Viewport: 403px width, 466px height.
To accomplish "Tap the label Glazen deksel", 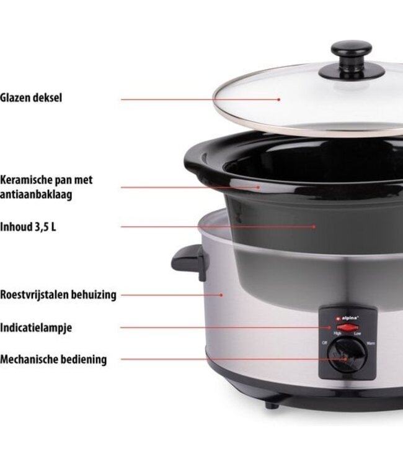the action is (31, 98).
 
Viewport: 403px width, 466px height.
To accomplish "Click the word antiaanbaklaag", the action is (36, 194).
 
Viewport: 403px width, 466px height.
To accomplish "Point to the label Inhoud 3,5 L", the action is (28, 227).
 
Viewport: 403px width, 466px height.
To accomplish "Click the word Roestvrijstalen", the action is (34, 295).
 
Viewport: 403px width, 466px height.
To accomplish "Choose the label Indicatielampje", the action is (36, 328).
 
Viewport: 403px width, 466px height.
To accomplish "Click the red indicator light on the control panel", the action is (348, 328).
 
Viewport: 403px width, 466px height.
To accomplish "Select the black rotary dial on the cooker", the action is (347, 355).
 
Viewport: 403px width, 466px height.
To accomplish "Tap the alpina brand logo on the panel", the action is (347, 318).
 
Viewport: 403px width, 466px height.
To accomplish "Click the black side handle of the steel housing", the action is (190, 262).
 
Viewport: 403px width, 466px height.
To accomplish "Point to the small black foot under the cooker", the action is (272, 404).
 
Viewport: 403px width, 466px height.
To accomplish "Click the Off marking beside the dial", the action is (324, 343).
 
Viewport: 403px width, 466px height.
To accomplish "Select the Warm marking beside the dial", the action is (371, 343).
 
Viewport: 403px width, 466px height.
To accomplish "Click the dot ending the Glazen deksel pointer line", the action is (279, 99).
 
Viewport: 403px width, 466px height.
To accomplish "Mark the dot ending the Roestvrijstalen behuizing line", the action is (221, 295).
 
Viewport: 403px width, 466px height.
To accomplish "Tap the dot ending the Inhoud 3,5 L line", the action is (314, 226).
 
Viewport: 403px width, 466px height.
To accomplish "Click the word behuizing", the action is (94, 295).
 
